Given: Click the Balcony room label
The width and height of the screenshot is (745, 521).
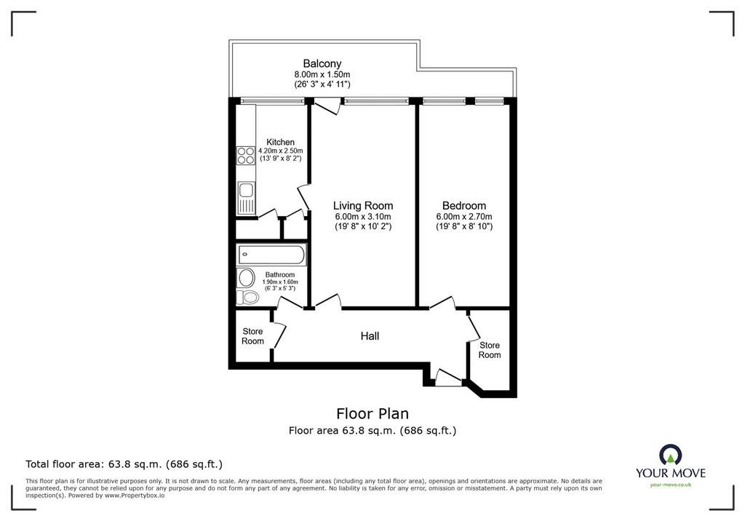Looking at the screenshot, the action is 322,63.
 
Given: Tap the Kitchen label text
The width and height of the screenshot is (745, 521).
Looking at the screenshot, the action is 280,142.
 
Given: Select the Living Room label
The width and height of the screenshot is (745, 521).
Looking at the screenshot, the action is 363,206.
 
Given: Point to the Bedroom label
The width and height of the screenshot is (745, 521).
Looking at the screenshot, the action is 464,206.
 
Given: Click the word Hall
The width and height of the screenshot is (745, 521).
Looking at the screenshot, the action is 370,336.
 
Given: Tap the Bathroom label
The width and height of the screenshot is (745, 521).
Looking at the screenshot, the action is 280,275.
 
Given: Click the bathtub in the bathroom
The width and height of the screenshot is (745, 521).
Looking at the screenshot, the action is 271,255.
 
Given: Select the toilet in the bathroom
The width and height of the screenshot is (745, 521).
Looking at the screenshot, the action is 247,298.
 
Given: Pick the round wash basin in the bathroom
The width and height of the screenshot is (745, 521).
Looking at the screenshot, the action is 246,278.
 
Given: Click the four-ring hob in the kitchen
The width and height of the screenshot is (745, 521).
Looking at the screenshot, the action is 246,156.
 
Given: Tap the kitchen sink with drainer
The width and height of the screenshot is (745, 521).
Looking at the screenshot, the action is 247,198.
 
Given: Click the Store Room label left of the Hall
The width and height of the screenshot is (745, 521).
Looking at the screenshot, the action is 252,336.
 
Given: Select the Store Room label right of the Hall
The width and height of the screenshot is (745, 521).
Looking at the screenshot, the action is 490,350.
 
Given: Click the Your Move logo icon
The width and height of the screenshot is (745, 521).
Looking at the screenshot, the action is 670,455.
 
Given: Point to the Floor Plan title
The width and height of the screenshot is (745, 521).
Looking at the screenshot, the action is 372,413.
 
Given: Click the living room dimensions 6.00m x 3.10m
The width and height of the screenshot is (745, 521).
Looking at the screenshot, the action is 363,217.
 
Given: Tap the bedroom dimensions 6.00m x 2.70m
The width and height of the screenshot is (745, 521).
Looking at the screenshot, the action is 464,217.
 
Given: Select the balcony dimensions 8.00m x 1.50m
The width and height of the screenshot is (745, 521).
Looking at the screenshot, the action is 322,75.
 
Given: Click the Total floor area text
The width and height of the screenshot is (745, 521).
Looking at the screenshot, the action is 124,464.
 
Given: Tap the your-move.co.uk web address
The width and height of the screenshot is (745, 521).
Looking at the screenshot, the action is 670,485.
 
